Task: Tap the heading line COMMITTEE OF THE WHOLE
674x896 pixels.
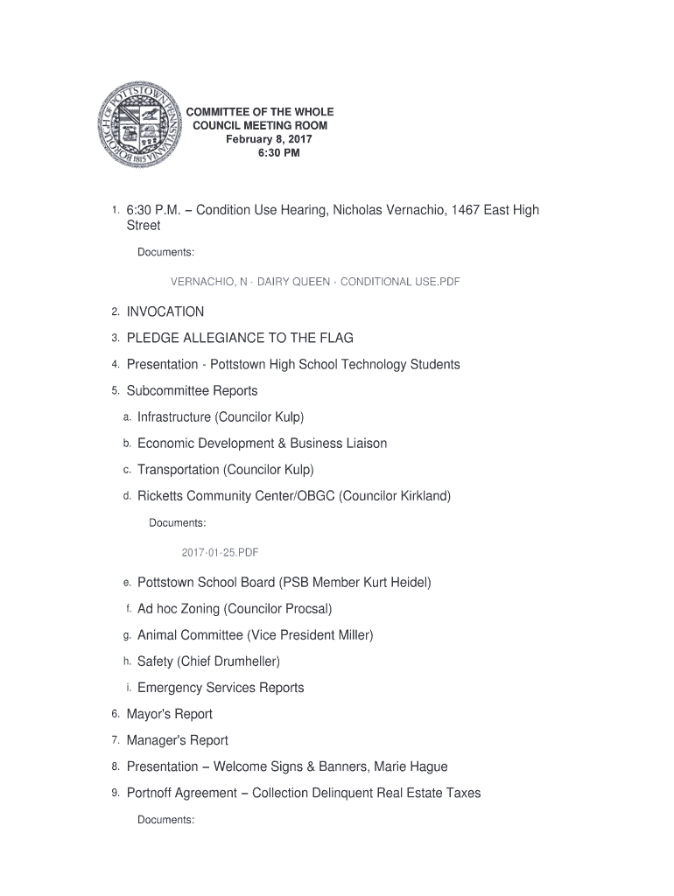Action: click(263, 113)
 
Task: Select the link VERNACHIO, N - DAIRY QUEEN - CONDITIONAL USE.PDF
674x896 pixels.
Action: click(315, 282)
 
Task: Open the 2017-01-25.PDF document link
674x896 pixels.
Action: click(220, 553)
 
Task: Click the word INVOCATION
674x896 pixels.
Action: click(165, 311)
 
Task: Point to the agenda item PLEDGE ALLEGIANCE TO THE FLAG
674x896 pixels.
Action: click(240, 338)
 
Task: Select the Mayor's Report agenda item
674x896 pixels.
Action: click(170, 714)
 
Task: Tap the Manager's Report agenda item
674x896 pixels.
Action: click(178, 740)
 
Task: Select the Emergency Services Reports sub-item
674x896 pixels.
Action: click(221, 688)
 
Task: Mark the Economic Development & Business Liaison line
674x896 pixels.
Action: click(262, 444)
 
